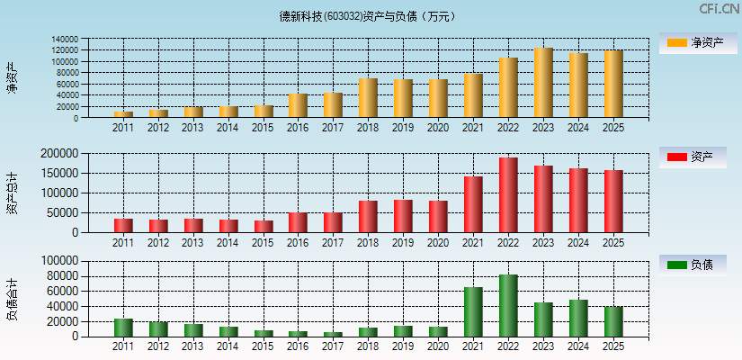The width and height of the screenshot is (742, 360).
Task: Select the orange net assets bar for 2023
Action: click(543, 83)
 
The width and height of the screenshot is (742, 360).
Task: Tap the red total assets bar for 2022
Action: click(508, 195)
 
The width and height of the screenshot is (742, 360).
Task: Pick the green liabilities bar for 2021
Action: click(473, 311)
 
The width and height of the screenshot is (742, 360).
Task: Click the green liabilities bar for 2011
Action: click(123, 328)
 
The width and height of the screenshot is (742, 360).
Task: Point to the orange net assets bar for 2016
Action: click(298, 105)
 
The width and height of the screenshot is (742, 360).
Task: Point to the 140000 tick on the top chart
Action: click(89, 40)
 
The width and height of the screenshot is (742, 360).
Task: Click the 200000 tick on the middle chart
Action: click(84, 154)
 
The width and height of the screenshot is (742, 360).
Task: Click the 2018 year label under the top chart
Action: click(368, 128)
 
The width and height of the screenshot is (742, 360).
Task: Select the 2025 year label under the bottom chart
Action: click(613, 346)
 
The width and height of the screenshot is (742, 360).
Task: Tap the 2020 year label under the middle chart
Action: click(438, 243)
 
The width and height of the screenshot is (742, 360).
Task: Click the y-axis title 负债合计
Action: click(13, 300)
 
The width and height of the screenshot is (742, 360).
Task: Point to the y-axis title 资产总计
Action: click(13, 193)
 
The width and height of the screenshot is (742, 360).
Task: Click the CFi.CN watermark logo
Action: click(719, 9)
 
